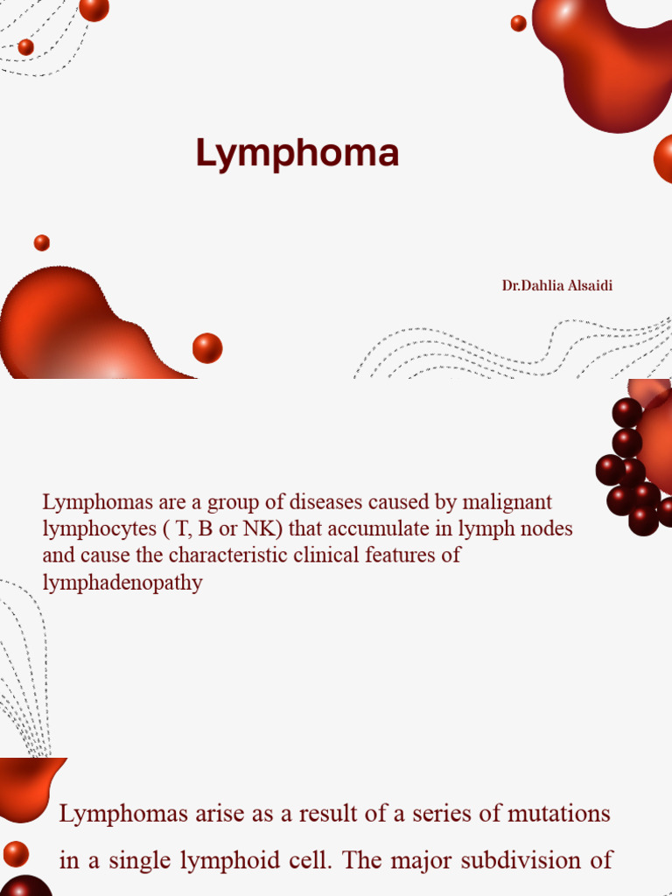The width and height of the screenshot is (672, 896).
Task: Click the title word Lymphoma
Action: pos(297,154)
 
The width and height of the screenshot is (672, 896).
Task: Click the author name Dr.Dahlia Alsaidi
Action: pos(557,285)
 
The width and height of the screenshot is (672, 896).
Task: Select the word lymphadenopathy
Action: pos(122,583)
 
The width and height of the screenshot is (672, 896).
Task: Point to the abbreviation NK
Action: pos(262,529)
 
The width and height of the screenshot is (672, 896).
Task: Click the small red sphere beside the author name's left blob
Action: pos(207,348)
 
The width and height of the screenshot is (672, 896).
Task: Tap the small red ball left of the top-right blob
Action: pos(519,24)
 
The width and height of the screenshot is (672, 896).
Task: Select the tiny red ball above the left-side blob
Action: pos(42,242)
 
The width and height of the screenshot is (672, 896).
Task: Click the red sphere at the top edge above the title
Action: pos(94,8)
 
